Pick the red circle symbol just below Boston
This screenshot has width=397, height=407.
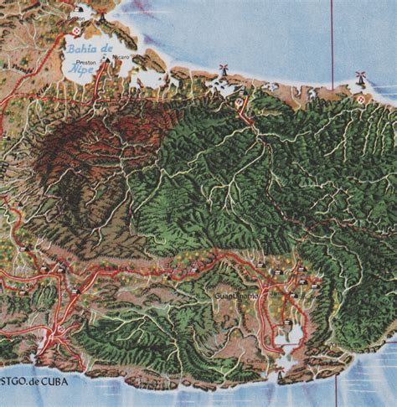coord(78,29)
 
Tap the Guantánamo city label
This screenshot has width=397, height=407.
coord(238,296)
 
